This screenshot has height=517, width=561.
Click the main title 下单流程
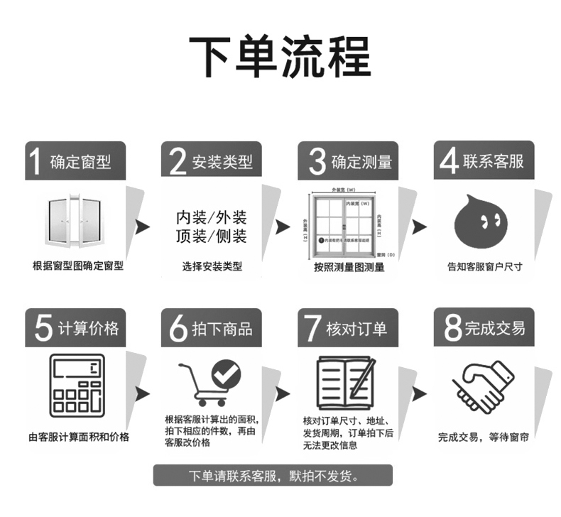click(280, 55)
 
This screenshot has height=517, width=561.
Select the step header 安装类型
click(222, 163)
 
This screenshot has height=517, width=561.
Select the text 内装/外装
click(211, 216)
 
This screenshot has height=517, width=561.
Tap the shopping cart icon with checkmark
click(211, 384)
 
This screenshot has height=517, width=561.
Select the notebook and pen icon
click(346, 384)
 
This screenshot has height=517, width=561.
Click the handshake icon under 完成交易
click(483, 387)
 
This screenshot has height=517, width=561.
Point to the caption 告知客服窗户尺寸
click(484, 267)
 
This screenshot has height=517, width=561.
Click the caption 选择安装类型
click(212, 267)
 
